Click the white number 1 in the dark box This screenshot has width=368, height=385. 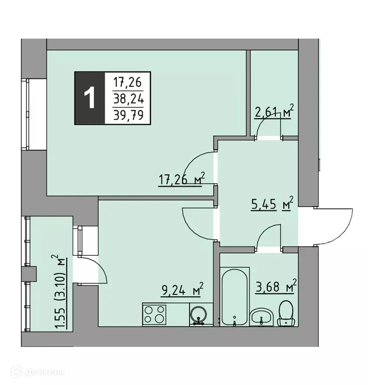pos(90,98)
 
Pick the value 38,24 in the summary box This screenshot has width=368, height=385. pos(128,99)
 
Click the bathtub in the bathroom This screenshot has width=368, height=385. pos(234,296)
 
